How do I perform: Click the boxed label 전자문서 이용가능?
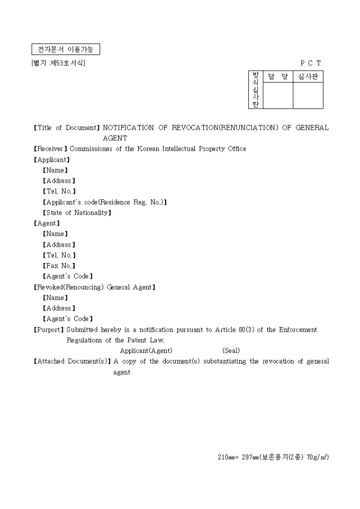pos(65,50)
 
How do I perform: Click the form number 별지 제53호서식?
pos(58,63)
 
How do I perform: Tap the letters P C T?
pos(311,63)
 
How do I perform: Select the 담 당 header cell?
pos(278,77)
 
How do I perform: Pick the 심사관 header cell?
pos(308,77)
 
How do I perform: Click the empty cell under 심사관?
pos(308,96)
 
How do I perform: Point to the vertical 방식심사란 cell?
pos(256,90)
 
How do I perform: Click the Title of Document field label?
pos(67,128)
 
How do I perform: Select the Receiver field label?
pos(51,149)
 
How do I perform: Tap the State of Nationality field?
pos(77,213)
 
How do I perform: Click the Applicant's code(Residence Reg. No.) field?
pos(105,202)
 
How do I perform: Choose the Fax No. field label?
pos(59,266)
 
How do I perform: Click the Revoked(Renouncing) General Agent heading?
pos(94,287)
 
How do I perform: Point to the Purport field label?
pos(49,330)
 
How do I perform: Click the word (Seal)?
pos(231,351)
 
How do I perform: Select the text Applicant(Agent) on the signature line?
pos(146,351)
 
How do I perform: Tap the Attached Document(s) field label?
pos(72,361)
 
